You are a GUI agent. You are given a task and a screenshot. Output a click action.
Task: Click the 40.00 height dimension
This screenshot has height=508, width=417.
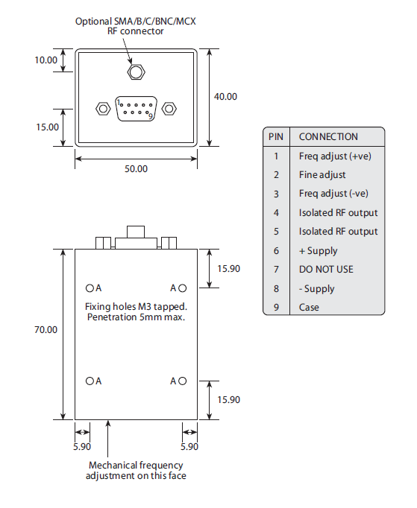(x=225, y=97)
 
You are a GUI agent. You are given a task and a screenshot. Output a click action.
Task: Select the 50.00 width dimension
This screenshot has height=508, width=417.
(x=136, y=169)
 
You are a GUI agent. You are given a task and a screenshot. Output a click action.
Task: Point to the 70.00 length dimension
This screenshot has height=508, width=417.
(x=45, y=329)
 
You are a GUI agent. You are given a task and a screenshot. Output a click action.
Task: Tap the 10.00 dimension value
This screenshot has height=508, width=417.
(x=46, y=60)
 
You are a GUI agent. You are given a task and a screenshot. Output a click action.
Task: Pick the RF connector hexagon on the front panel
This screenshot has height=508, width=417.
(x=136, y=72)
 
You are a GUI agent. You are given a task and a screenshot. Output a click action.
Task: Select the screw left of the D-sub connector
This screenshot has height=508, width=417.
(x=102, y=108)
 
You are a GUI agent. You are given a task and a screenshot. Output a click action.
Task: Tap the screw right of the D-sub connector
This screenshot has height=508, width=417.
(x=169, y=108)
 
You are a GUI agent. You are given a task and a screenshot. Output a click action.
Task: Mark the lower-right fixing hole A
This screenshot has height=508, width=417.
(x=182, y=381)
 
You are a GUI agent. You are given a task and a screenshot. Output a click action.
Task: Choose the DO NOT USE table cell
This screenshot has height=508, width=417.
(x=326, y=269)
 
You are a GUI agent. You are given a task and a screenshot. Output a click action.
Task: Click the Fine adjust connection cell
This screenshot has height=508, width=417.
(x=322, y=174)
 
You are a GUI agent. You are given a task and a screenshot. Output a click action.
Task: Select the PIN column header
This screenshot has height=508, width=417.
(x=276, y=136)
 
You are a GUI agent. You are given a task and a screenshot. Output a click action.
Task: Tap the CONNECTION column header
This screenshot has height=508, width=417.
(x=328, y=136)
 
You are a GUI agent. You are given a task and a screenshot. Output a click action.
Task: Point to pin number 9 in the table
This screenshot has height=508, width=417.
(x=276, y=307)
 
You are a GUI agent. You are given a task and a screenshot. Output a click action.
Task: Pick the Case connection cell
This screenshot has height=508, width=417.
(x=309, y=307)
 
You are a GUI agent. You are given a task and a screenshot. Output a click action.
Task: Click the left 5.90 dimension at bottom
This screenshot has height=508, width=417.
(x=82, y=447)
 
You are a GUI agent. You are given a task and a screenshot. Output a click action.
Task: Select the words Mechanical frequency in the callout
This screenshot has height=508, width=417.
(x=136, y=465)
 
